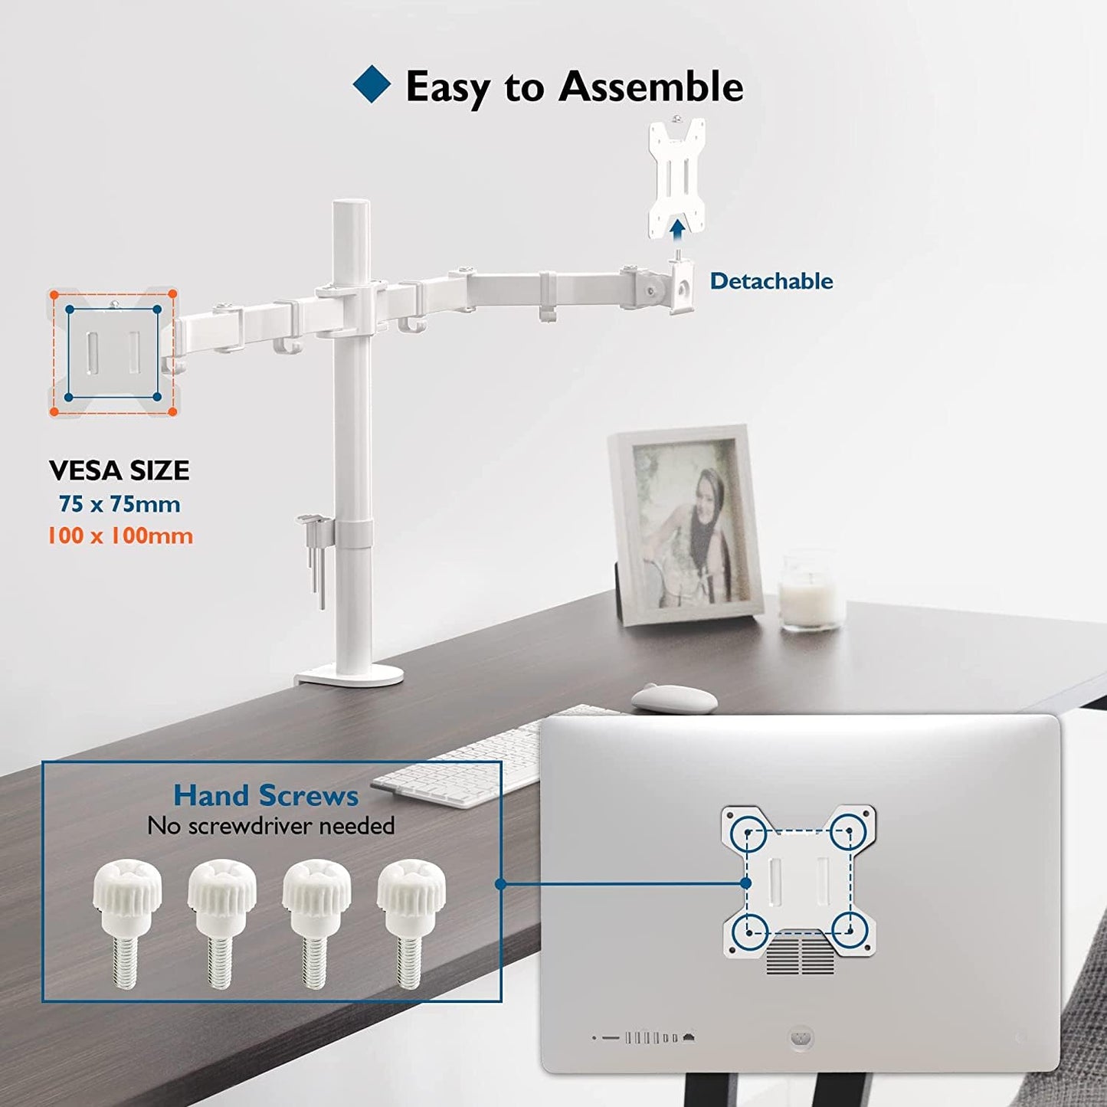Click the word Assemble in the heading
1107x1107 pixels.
[x=650, y=87]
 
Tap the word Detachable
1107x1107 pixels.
[x=771, y=281]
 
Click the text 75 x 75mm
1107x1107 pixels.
[x=120, y=504]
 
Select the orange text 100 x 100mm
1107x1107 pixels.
[x=120, y=535]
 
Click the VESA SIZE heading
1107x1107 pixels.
[x=119, y=470]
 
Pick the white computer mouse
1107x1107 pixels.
[x=674, y=697]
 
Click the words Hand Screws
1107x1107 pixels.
[x=266, y=795]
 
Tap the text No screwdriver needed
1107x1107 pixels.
[x=271, y=826]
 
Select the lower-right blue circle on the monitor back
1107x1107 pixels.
[x=849, y=930]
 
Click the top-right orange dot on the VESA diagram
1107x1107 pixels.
[x=172, y=293]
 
